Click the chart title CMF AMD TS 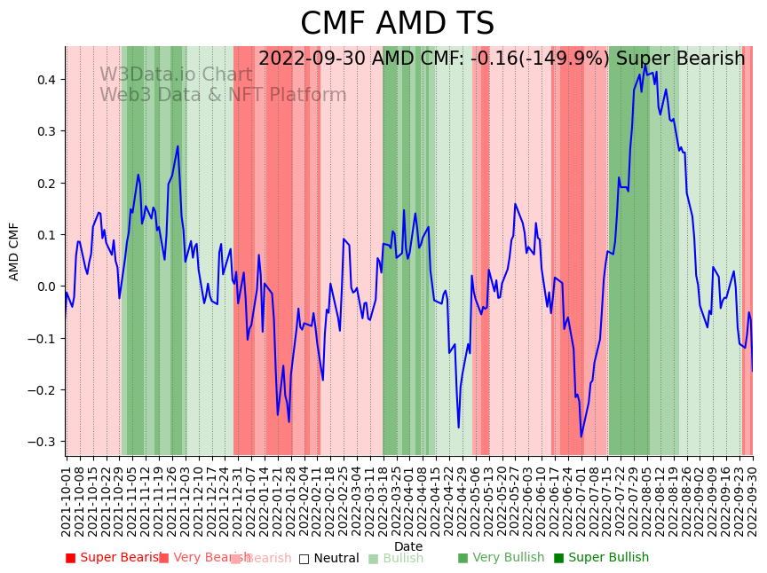(397, 24)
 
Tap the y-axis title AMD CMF (14, 251)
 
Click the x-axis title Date (408, 546)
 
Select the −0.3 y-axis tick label (41, 442)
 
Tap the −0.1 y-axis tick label (41, 339)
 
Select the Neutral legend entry (328, 558)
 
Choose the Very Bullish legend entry (501, 558)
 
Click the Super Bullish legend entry (601, 558)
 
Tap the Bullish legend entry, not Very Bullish (395, 558)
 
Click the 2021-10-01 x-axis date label (67, 497)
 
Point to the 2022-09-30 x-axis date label (753, 497)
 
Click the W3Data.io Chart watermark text (176, 75)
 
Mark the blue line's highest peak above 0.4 (645, 65)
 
